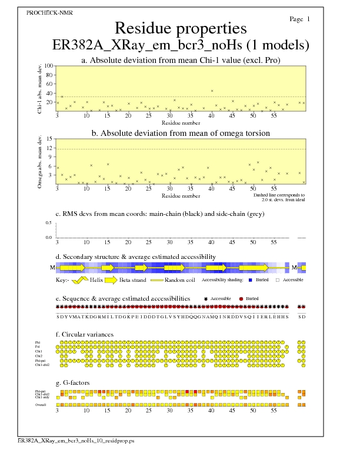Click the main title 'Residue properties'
180,28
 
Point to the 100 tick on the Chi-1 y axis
49,66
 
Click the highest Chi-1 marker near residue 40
212,91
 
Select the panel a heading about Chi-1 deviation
180,60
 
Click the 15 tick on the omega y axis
50,139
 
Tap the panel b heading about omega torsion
180,133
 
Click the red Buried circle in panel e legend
241,299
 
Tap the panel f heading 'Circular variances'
85,334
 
